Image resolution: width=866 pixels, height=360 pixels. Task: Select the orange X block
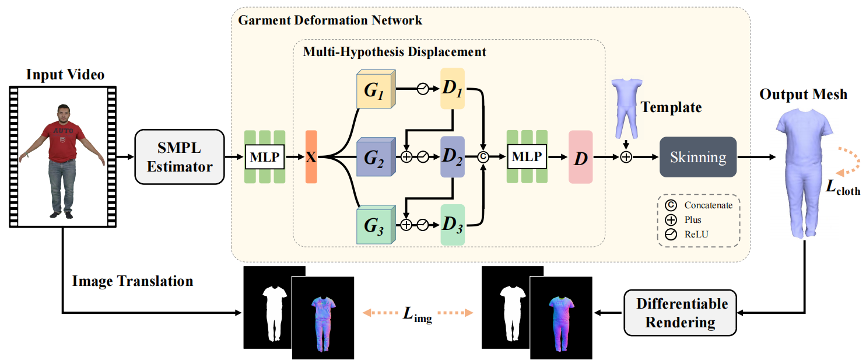click(311, 157)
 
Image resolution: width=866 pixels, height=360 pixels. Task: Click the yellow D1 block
click(452, 90)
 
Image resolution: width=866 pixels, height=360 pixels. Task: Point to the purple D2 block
click(452, 158)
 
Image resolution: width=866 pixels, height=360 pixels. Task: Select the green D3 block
click(452, 225)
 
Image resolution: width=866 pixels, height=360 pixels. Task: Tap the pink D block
click(580, 158)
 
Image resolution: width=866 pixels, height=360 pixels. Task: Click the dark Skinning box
click(698, 157)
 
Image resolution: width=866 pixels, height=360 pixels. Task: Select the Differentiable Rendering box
click(682, 313)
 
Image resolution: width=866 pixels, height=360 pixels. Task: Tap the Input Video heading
click(65, 75)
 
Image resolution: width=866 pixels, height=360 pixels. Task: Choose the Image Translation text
click(132, 281)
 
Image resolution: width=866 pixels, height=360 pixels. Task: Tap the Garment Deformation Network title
click(330, 20)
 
